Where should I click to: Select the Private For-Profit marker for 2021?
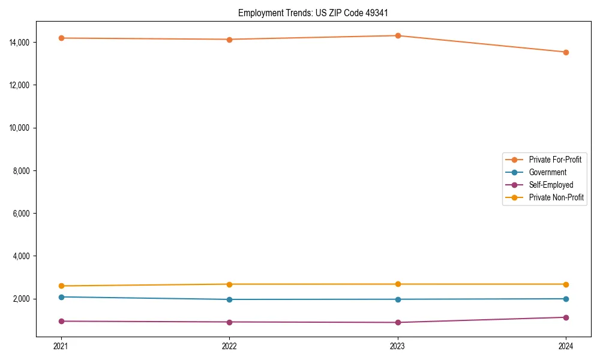[x=61, y=38]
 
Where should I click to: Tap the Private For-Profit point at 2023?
[x=398, y=35]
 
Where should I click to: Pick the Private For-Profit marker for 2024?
[x=566, y=52]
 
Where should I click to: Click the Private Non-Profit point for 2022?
[x=229, y=284]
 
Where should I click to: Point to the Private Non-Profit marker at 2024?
[x=566, y=284]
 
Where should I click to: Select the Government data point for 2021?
[x=61, y=297]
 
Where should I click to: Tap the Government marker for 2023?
[x=398, y=299]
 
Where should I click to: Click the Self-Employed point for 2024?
[x=566, y=317]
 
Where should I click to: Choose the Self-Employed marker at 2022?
[x=229, y=322]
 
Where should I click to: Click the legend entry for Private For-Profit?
[x=555, y=160]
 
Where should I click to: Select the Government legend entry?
[x=547, y=172]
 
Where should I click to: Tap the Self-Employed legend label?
[x=551, y=185]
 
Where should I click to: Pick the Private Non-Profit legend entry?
[x=556, y=197]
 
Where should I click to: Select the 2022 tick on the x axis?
[x=229, y=346]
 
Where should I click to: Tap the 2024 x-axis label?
[x=566, y=346]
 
